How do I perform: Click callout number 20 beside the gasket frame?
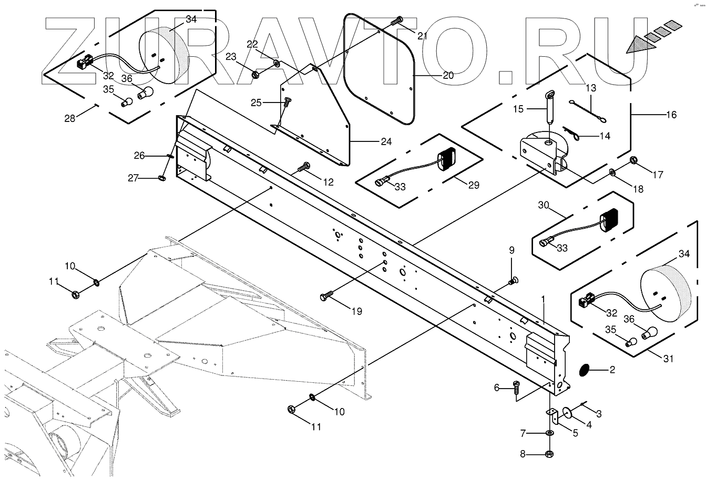pyautogui.click(x=448, y=75)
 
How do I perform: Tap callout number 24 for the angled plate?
pyautogui.click(x=386, y=141)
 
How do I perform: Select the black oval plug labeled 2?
pyautogui.click(x=584, y=370)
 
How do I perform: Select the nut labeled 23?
pyautogui.click(x=254, y=75)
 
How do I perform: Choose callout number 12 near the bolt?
pyautogui.click(x=328, y=182)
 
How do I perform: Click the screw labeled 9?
pyautogui.click(x=513, y=281)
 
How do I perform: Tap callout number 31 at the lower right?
pyautogui.click(x=668, y=359)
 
